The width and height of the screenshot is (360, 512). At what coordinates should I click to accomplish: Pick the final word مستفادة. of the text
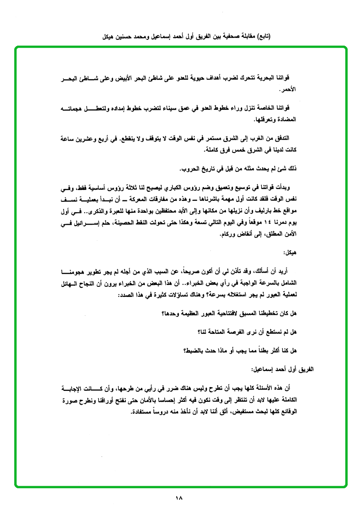(143, 411)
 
